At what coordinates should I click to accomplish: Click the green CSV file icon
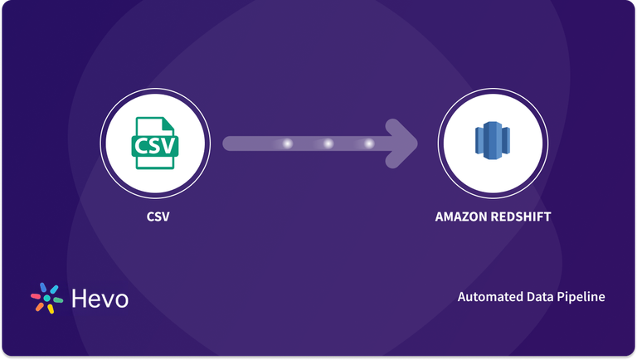pyautogui.click(x=155, y=143)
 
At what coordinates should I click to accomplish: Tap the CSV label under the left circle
pyautogui.click(x=158, y=216)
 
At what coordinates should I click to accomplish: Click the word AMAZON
pyautogui.click(x=461, y=216)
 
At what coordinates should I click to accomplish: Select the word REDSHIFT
pyautogui.click(x=521, y=216)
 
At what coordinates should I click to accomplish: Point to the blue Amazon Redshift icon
pyautogui.click(x=493, y=140)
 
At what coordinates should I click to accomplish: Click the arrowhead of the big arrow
pyautogui.click(x=402, y=144)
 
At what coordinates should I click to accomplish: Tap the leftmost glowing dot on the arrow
pyautogui.click(x=287, y=144)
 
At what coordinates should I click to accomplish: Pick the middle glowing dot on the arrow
pyautogui.click(x=328, y=144)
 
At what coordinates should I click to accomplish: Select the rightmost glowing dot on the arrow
pyautogui.click(x=369, y=144)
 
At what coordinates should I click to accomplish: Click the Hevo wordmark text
pyautogui.click(x=100, y=299)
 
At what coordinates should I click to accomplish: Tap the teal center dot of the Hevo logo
pyautogui.click(x=47, y=299)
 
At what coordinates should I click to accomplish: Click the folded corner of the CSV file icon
pyautogui.click(x=168, y=124)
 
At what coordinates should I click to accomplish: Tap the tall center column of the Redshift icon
pyautogui.click(x=493, y=140)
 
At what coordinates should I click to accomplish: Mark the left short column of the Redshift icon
pyautogui.click(x=479, y=140)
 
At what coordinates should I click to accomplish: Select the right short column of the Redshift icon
pyautogui.click(x=506, y=140)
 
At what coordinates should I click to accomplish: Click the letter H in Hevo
pyautogui.click(x=80, y=299)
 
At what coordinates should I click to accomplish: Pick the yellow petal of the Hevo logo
pyautogui.click(x=51, y=309)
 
